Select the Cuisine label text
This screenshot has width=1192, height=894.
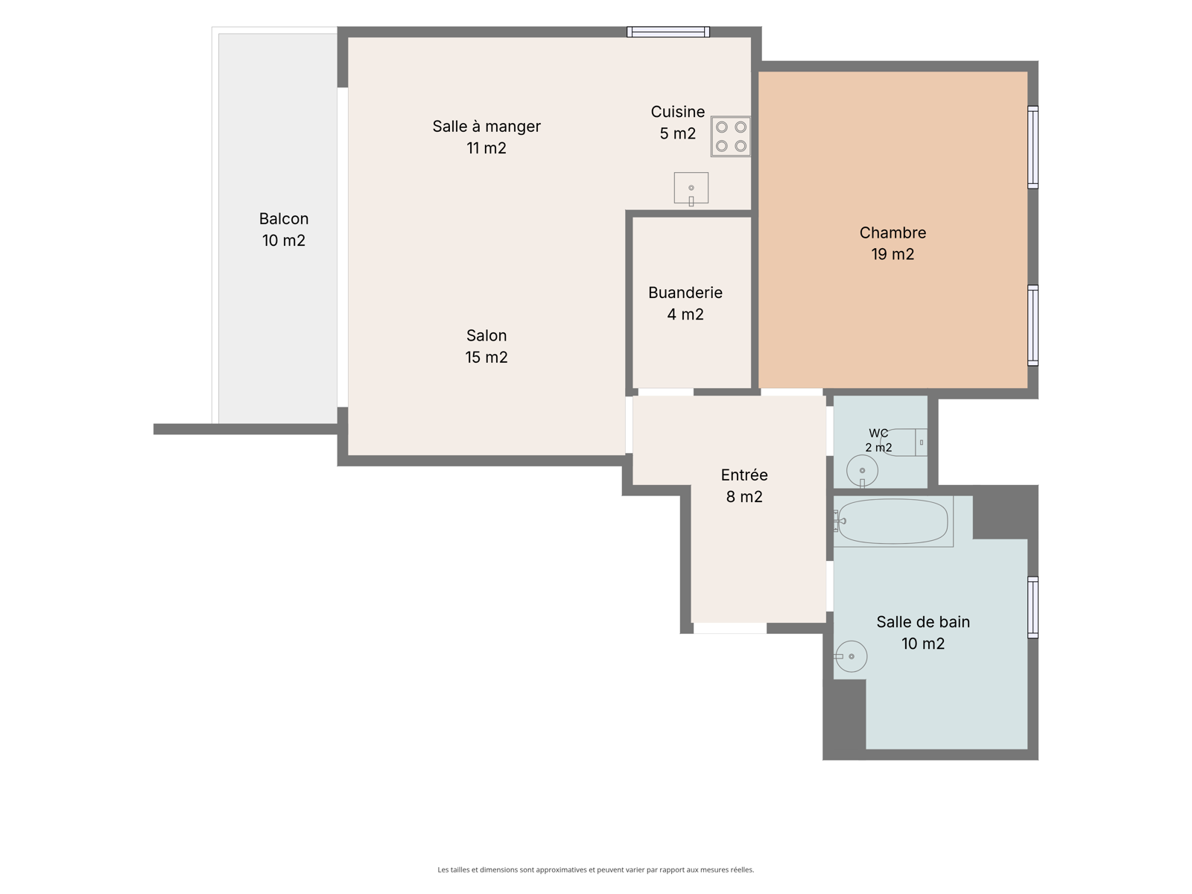677,112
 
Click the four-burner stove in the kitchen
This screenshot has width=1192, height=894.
730,136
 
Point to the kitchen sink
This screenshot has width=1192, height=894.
691,188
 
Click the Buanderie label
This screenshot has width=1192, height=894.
685,293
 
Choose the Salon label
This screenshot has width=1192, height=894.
486,335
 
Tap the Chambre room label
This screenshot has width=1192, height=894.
893,233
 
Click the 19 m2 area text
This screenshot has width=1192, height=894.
893,254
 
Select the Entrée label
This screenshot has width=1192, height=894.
744,475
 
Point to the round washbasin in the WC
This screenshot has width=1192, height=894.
862,471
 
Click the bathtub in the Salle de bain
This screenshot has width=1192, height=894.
893,521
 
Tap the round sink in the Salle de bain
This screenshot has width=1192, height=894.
851,656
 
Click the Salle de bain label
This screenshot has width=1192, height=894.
922,622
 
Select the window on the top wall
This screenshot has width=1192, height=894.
668,32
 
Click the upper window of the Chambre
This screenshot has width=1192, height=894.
1033,147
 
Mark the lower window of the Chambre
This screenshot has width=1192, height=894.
1033,326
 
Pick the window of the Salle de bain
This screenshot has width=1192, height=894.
1033,607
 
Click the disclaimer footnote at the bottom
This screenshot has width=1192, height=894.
596,869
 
